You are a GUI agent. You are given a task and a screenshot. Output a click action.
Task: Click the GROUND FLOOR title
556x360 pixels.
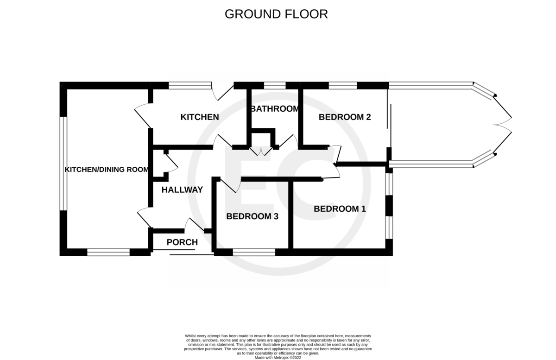[x=276, y=14]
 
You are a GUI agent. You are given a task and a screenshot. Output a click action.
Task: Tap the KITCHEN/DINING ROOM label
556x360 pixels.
[x=107, y=170]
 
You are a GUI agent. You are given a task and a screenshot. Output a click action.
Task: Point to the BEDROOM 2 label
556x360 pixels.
[x=345, y=117]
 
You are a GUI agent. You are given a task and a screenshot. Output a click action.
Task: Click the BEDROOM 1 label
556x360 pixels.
[x=340, y=209]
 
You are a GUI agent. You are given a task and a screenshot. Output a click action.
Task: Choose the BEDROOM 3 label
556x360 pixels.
[x=252, y=216]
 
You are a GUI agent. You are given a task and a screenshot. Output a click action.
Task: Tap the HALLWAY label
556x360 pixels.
[x=182, y=189]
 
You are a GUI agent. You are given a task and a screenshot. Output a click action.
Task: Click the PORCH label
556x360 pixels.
[x=182, y=242]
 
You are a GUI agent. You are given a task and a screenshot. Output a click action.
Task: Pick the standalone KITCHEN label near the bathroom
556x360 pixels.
[x=200, y=117]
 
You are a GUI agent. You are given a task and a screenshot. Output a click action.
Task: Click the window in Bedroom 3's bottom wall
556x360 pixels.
[x=254, y=252]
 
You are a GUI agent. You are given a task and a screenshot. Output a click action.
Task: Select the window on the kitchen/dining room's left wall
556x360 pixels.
[x=63, y=164]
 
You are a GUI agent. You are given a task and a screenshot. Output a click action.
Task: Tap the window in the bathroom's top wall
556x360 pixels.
[x=275, y=86]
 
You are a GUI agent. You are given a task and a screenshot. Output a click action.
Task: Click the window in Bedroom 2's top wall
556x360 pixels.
[x=343, y=86]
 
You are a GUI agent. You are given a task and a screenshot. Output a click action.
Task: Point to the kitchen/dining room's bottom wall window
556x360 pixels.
[x=108, y=252]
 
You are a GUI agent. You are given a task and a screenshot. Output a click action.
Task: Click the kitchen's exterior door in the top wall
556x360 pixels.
[x=222, y=91]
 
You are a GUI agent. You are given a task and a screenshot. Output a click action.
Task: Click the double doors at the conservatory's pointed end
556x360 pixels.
[x=502, y=124]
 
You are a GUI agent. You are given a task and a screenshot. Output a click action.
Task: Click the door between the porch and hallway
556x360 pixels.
[x=194, y=225]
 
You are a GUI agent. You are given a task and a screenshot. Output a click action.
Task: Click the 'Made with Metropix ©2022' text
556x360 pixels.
[x=278, y=358]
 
